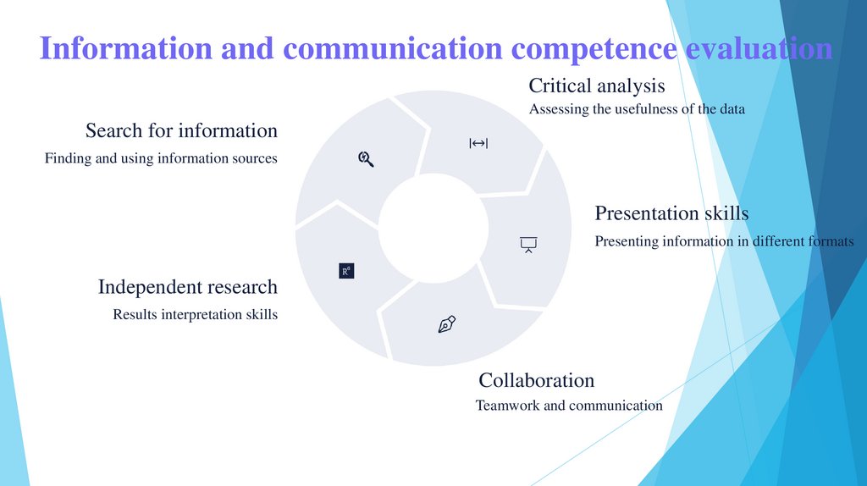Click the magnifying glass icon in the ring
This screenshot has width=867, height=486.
tap(367, 158)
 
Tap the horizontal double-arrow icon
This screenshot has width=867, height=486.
tap(478, 143)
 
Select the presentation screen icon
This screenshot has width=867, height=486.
tap(529, 245)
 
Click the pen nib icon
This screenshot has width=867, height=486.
tap(447, 324)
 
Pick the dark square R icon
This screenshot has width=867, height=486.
tap(346, 271)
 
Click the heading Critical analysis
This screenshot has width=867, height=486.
tap(596, 86)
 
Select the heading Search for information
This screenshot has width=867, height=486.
tap(181, 130)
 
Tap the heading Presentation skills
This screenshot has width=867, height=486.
tap(671, 213)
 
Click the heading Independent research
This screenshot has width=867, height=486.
tap(187, 287)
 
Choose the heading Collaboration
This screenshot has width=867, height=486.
tap(536, 380)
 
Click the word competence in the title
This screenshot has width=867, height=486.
tap(594, 48)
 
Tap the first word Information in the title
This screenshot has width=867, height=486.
tap(127, 48)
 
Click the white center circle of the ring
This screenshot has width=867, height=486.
tap(433, 229)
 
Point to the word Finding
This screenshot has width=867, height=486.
tap(68, 158)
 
